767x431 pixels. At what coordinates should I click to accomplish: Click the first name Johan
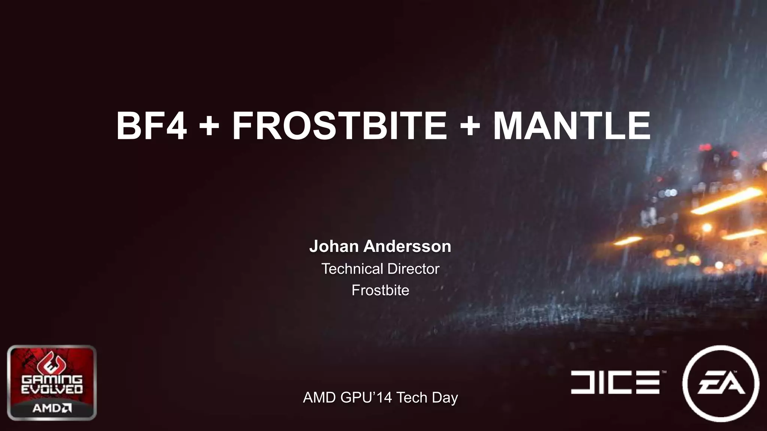tap(334, 246)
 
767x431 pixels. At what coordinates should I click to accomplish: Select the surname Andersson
tap(407, 246)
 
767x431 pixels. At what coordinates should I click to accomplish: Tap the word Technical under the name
tap(352, 269)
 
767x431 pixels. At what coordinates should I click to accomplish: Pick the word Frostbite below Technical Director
tap(380, 290)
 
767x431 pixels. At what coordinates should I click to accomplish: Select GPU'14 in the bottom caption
tap(366, 397)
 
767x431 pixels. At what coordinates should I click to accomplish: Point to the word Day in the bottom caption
tap(445, 397)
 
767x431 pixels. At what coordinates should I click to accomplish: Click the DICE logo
tap(615, 382)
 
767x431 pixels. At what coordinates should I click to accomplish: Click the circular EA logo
tap(721, 383)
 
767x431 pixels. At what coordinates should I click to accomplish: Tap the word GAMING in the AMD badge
tap(52, 380)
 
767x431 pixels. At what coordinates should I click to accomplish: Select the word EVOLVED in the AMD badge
tap(52, 389)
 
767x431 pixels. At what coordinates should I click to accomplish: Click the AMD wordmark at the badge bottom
tap(52, 408)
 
